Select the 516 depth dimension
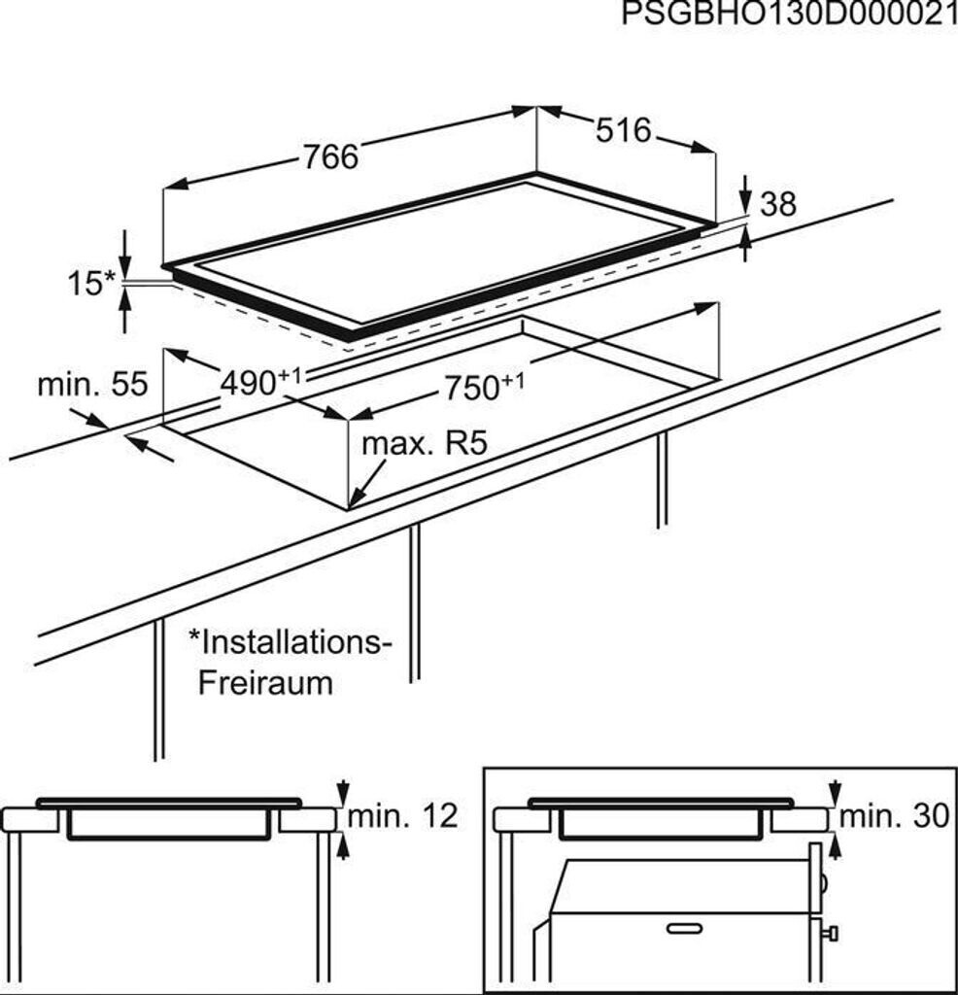[x=623, y=131]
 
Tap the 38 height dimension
[x=777, y=204]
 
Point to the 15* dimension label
[x=91, y=284]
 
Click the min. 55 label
[x=92, y=385]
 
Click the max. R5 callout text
[x=423, y=446]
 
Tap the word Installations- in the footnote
[x=291, y=641]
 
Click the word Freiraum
[x=265, y=682]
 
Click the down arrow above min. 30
[x=834, y=791]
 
